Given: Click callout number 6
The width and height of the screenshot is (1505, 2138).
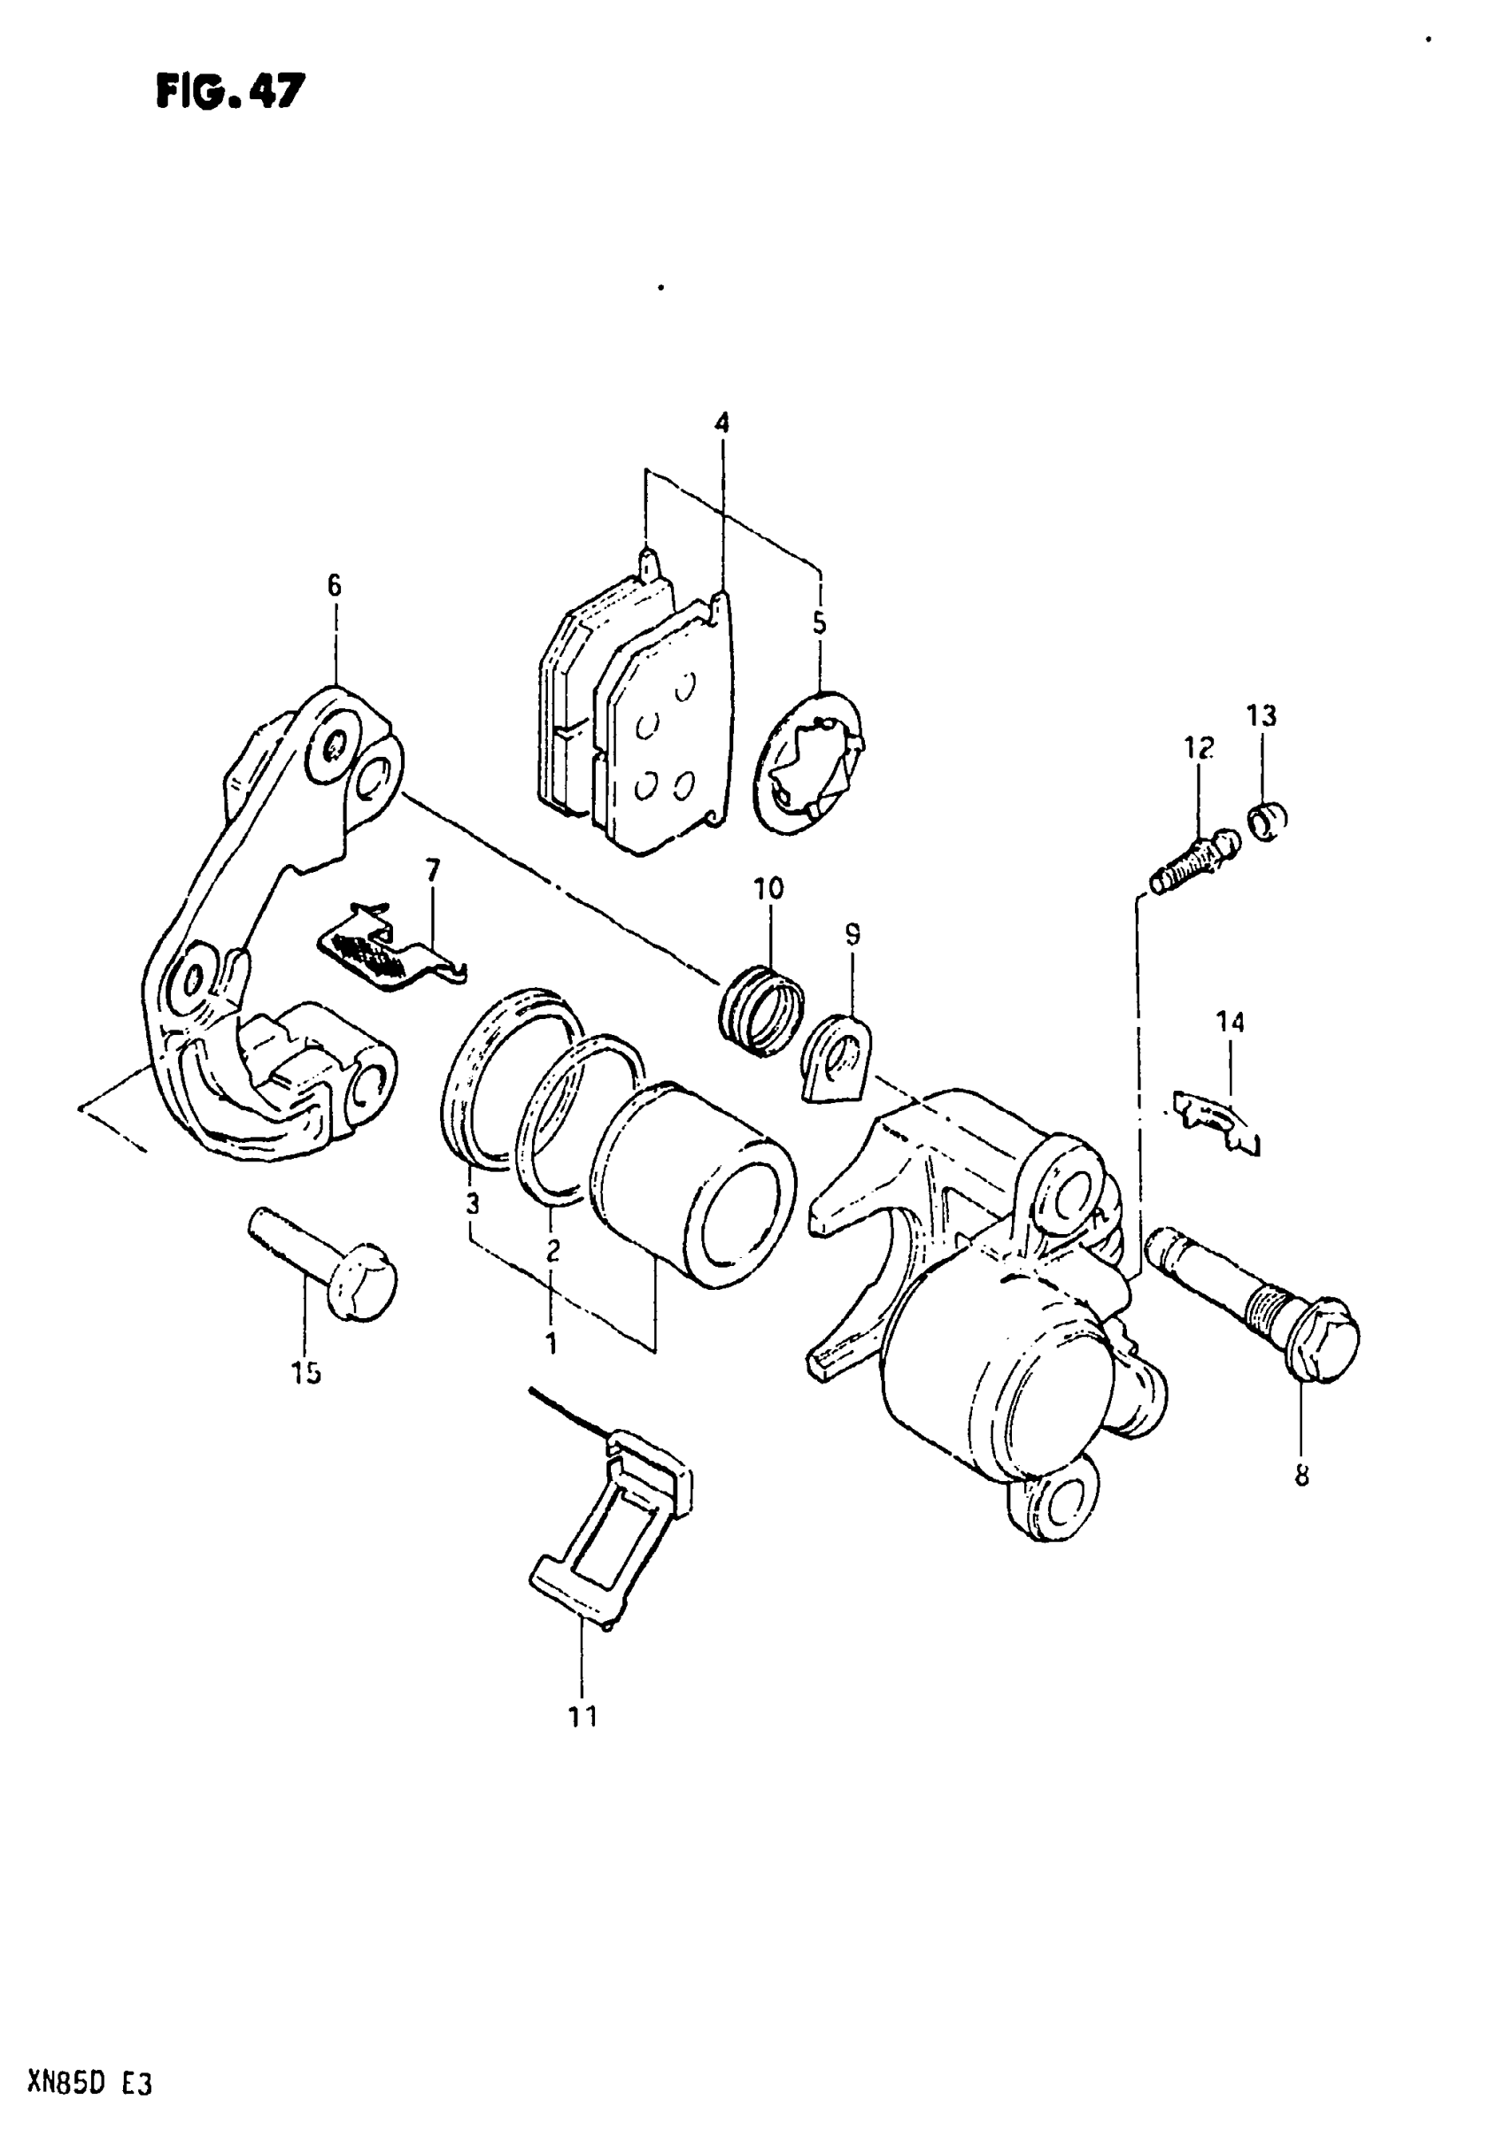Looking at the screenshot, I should (335, 586).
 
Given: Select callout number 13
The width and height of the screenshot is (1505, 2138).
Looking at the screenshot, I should (1262, 716).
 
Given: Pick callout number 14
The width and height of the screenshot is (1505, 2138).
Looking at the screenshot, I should (1230, 1023).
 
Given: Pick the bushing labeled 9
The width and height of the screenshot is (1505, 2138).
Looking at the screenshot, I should (836, 1058).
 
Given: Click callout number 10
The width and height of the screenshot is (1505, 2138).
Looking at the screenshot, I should (769, 888).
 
